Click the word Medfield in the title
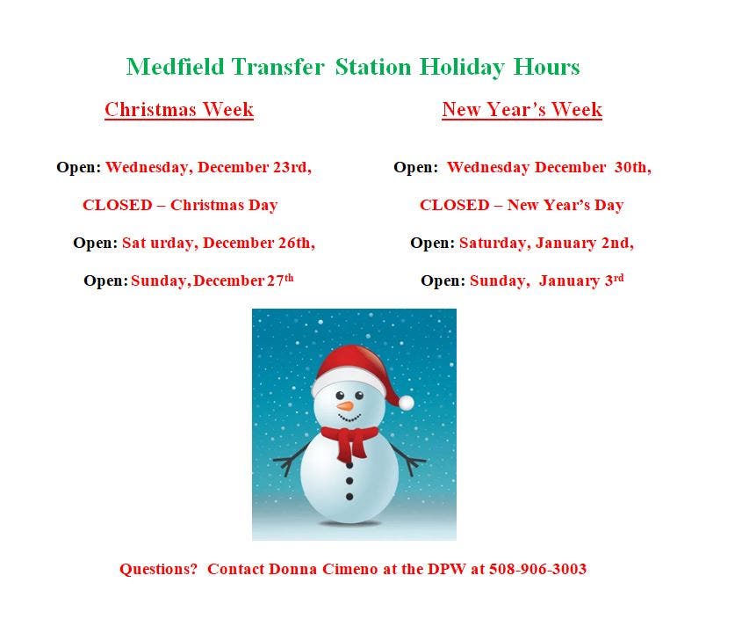(175, 66)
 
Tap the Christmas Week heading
(179, 109)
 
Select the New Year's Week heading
(522, 109)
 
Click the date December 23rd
(255, 167)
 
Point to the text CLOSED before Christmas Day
(118, 205)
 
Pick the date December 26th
(259, 243)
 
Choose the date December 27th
(243, 280)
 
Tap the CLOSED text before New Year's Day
(454, 205)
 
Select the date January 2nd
(585, 243)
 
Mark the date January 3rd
(581, 280)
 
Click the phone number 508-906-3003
(537, 569)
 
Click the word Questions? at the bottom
(158, 569)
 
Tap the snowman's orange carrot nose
(345, 406)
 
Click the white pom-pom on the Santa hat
(406, 403)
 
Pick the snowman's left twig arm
(292, 458)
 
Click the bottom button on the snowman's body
(349, 497)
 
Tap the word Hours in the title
(546, 66)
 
